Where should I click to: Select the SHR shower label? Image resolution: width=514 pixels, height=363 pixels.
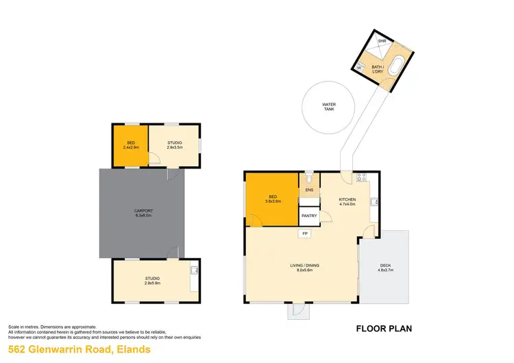(382, 42)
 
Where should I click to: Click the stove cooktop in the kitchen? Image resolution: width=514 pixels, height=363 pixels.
(361, 178)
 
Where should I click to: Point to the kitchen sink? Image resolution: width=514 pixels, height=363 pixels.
(374, 201)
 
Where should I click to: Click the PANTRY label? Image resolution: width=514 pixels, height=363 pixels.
(309, 216)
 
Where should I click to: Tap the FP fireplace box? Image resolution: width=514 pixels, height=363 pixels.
(304, 234)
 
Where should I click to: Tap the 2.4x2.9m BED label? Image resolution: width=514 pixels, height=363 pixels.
(130, 145)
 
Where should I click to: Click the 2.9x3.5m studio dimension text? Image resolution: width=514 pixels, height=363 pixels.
(175, 147)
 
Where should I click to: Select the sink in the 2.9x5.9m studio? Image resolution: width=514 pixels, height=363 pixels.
(193, 269)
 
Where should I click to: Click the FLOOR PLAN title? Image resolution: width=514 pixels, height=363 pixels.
(384, 329)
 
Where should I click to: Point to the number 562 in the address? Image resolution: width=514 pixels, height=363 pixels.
(19, 350)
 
